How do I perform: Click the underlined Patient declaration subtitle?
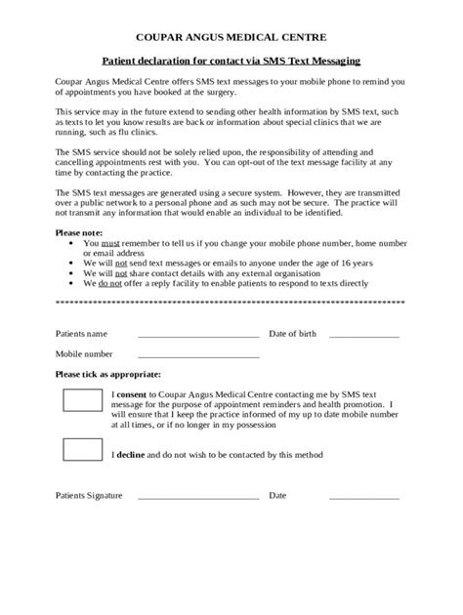tap(231, 61)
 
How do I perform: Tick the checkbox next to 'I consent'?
tap(82, 400)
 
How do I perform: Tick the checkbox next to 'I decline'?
tap(82, 450)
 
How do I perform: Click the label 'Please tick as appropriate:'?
tap(108, 374)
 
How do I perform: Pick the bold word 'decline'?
tap(133, 455)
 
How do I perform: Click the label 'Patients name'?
tap(81, 334)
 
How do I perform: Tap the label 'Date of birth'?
tap(292, 334)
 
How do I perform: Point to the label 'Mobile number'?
tap(84, 353)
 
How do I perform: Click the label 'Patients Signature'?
tap(89, 496)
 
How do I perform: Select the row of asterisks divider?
tap(231, 303)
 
